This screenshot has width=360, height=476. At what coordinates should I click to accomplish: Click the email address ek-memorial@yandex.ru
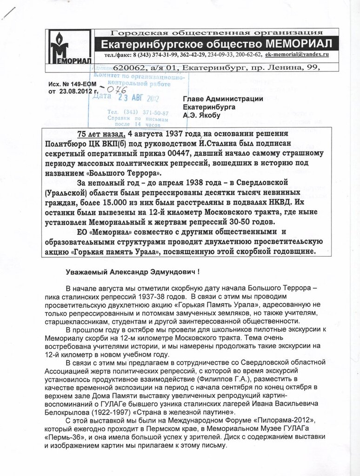(297, 54)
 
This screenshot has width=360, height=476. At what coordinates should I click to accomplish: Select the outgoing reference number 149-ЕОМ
(76, 85)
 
